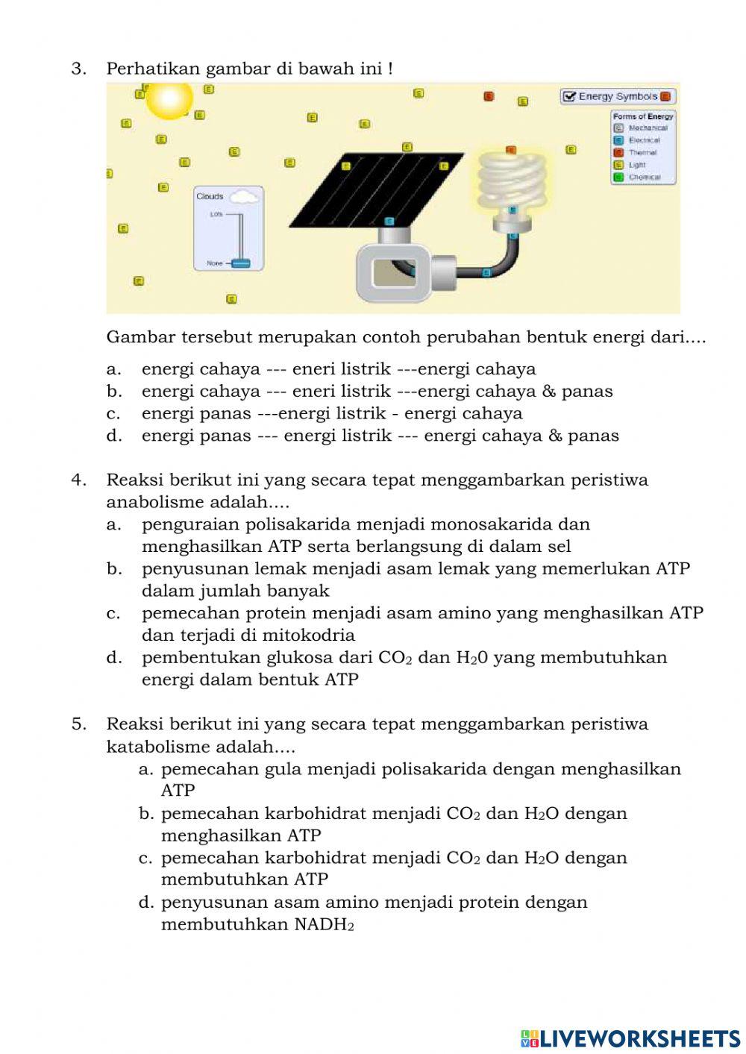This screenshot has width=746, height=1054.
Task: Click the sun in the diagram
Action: tap(169, 99)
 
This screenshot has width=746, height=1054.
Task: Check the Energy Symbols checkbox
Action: tap(569, 96)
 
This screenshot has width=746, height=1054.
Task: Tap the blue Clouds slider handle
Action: tap(240, 263)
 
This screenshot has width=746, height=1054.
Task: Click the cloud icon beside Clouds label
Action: tap(245, 197)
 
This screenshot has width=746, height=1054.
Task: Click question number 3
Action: tap(79, 69)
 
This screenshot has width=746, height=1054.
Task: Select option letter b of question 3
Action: tap(114, 392)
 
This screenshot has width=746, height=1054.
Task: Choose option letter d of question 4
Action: tap(114, 658)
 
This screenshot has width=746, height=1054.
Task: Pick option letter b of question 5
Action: tap(146, 814)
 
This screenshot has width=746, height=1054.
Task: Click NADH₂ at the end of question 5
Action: tap(324, 925)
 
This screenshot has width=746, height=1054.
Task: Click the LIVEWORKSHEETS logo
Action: tap(630, 1038)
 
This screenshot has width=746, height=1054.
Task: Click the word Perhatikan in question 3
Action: tap(153, 69)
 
